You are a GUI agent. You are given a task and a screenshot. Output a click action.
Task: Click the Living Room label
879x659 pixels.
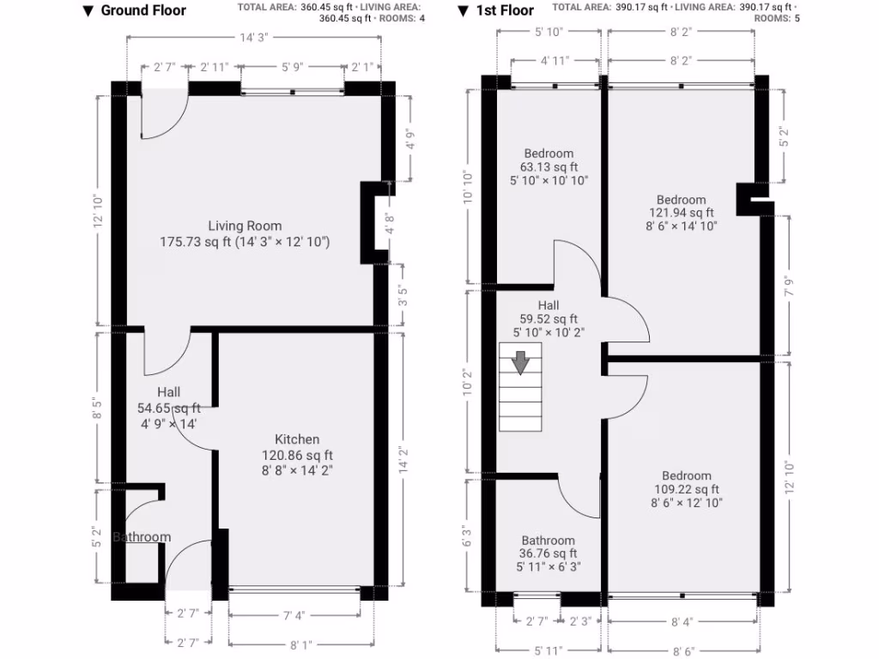(x=245, y=226)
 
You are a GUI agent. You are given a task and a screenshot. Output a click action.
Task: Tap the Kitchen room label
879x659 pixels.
(x=297, y=439)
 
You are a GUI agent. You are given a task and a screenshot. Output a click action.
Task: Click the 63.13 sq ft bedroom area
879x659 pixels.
(x=549, y=167)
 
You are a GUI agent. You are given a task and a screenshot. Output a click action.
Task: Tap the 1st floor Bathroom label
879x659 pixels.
(x=548, y=541)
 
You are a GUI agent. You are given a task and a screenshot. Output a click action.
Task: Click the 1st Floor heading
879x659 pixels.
(x=506, y=10)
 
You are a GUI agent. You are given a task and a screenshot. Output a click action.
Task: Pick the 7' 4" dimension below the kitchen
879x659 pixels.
(x=295, y=614)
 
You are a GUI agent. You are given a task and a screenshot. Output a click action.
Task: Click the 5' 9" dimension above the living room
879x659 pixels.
(x=292, y=66)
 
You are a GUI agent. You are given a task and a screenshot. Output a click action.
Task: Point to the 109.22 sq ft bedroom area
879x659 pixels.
(x=686, y=489)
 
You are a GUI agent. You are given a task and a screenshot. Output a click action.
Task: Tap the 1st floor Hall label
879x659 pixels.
(x=549, y=305)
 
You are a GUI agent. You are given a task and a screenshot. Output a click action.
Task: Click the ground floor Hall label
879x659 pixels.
(x=168, y=392)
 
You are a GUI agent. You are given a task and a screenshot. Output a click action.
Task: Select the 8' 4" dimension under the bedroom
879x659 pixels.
(x=682, y=621)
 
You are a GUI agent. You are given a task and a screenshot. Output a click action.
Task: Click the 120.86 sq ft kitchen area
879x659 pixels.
(x=297, y=455)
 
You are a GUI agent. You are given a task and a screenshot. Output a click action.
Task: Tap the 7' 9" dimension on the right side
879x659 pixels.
(x=787, y=284)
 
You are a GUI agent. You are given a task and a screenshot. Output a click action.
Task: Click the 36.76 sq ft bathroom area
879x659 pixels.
(x=549, y=553)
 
